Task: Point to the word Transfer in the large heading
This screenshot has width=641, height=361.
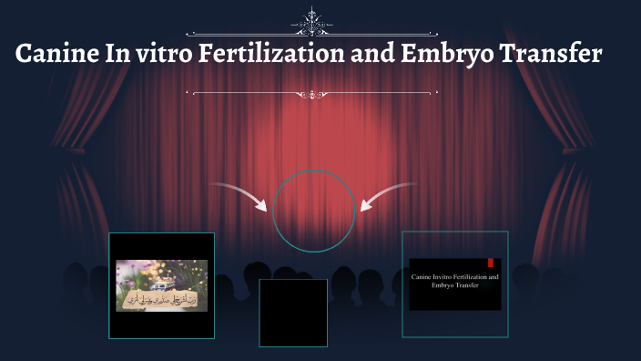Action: coord(554,55)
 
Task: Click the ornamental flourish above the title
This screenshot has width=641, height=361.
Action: coord(313,21)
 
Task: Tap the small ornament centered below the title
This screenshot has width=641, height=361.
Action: coord(313,93)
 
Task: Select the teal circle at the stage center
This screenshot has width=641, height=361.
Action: coord(314,210)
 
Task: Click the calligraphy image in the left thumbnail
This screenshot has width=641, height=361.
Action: coord(161,285)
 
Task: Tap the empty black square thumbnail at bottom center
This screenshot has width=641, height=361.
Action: coord(292,313)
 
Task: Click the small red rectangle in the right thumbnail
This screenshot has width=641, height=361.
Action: coord(490,263)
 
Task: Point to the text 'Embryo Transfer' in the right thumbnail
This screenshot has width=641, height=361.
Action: coord(454,285)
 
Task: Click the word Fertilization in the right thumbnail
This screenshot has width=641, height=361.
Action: coord(476,275)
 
